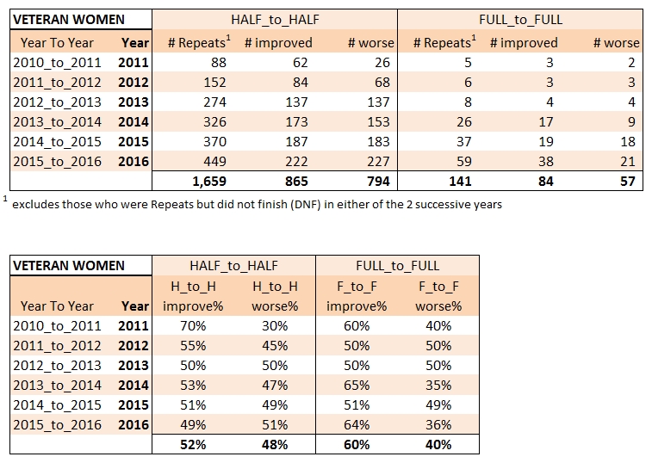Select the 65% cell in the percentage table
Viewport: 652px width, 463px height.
tap(357, 386)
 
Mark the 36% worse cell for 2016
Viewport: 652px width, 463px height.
tap(438, 425)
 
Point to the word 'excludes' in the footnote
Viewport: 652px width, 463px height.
tap(36, 205)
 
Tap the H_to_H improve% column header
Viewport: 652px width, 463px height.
tap(195, 295)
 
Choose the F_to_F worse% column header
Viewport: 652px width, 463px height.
tap(438, 295)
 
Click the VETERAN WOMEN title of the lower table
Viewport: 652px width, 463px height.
tap(68, 266)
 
